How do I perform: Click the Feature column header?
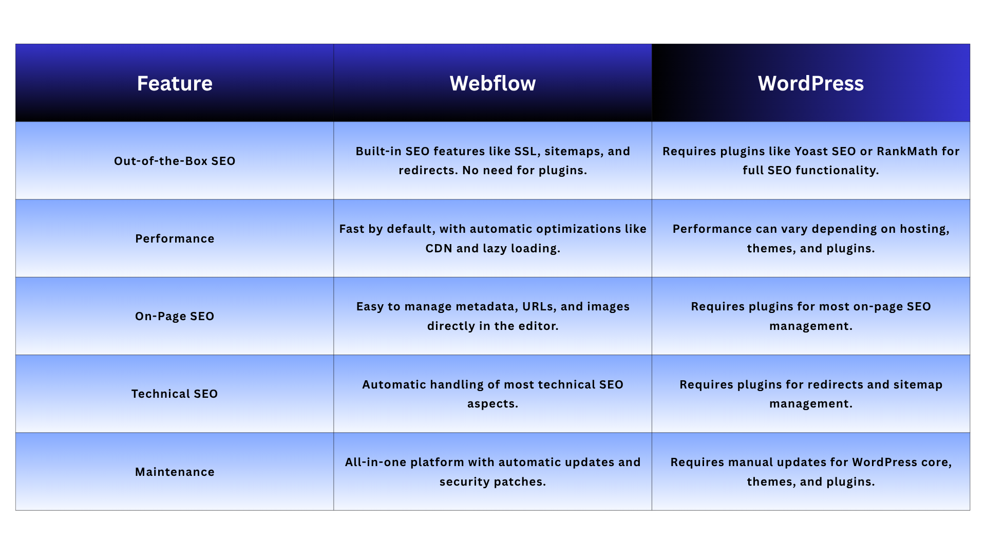coord(175,83)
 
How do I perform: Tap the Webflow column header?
coord(492,83)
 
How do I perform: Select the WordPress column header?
coord(811,83)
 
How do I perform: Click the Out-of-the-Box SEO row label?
coord(175,161)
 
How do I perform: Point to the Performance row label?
coord(175,238)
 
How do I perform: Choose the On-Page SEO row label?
coord(175,316)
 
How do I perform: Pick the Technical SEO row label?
coord(175,394)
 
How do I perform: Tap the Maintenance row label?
coord(175,472)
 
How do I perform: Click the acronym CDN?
coord(439,248)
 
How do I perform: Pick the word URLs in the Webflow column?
coord(539,307)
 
